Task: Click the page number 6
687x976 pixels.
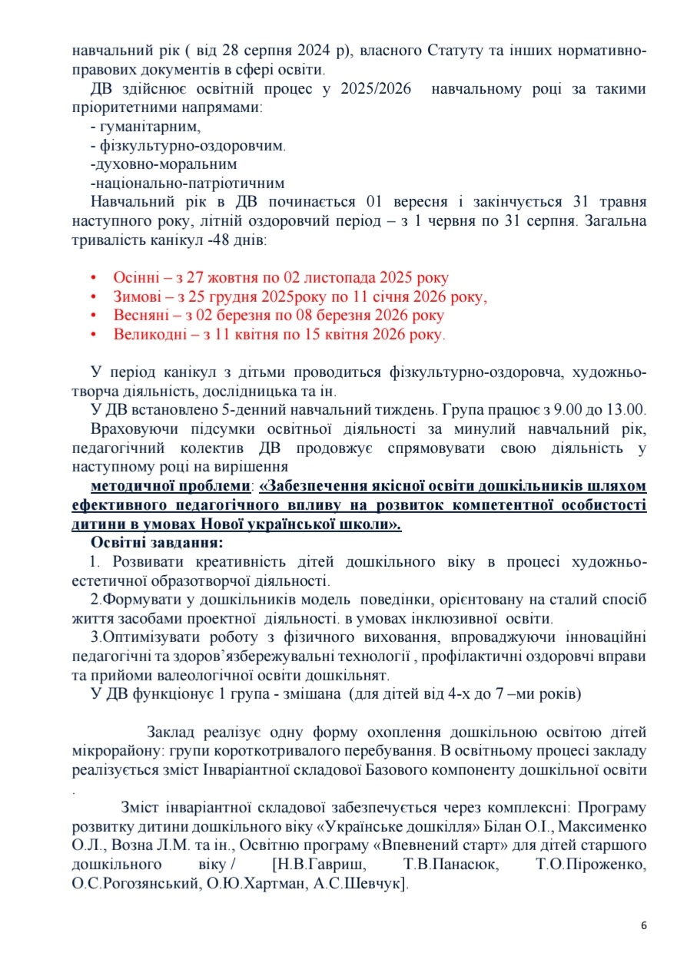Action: [x=643, y=925]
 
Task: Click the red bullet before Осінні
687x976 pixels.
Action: [x=95, y=278]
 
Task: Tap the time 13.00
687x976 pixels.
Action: [x=628, y=409]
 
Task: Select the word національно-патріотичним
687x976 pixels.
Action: [x=188, y=184]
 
